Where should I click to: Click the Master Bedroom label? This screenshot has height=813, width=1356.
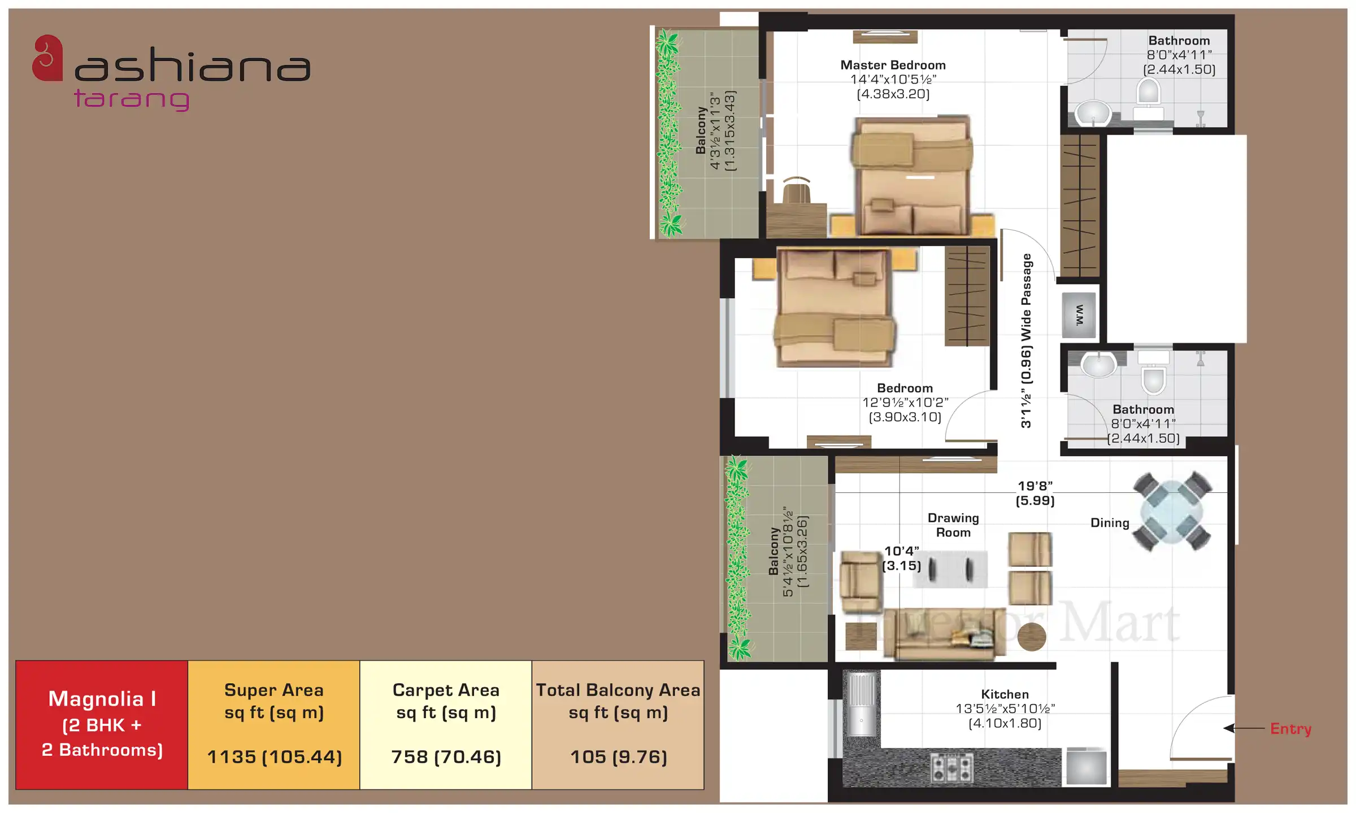coord(893,65)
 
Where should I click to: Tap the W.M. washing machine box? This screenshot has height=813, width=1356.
coord(1079,315)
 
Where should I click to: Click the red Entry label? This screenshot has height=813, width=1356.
coord(1290,729)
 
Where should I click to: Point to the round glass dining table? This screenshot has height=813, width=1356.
coord(1172,511)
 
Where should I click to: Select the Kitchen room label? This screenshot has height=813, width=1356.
coord(1005,694)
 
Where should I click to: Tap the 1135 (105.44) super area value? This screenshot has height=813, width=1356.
coord(275,757)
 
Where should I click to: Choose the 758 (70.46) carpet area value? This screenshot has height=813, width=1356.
coord(446,757)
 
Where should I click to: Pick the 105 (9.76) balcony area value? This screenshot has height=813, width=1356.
coord(619,757)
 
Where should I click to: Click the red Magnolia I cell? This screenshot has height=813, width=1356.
coord(102,725)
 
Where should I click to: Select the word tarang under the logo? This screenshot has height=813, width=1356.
coord(132,99)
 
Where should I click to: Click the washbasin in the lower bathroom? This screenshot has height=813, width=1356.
coord(1098,365)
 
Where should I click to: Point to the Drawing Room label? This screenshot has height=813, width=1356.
coord(953,525)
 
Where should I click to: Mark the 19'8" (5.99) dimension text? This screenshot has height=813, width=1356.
coord(1035,493)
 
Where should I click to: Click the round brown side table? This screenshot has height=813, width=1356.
coord(1031,636)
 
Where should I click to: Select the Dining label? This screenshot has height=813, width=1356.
coord(1110,523)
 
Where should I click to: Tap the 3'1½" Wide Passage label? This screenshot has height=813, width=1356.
coord(1026,341)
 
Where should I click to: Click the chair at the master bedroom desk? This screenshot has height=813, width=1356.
coord(796,190)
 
